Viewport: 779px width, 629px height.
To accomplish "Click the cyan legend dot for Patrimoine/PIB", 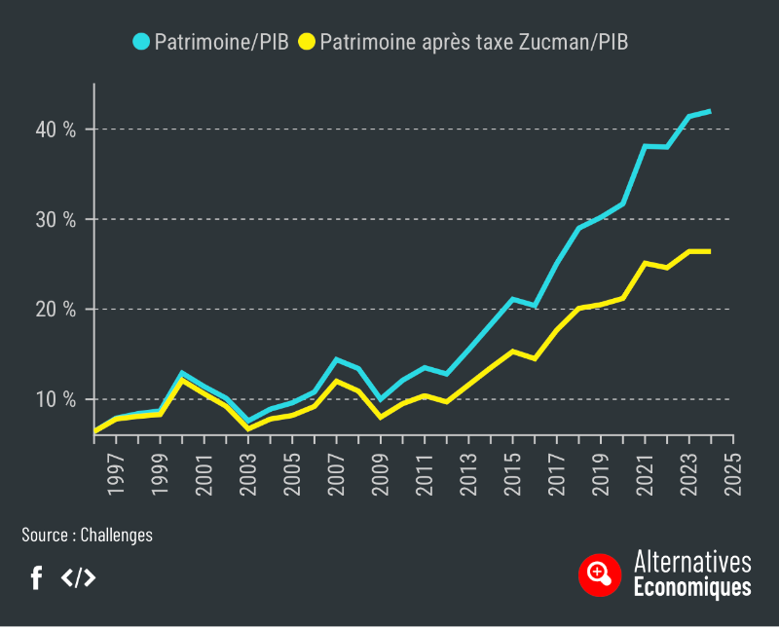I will click(x=141, y=41).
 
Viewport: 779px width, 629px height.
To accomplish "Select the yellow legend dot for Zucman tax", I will click(x=308, y=41).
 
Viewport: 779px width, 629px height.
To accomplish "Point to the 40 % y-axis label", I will click(x=57, y=129).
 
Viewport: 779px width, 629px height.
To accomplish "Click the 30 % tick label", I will click(x=57, y=219).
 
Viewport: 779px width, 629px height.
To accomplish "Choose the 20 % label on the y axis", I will click(x=57, y=310).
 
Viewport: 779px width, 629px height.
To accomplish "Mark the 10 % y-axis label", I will click(x=57, y=399).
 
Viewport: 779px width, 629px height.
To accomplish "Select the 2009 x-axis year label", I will click(x=382, y=472).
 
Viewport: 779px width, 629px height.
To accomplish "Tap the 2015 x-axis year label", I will click(x=513, y=472).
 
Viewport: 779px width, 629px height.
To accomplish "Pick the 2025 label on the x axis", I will click(x=732, y=472).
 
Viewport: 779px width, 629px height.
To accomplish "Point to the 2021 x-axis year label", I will click(x=645, y=472).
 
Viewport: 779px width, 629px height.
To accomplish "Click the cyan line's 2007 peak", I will click(x=337, y=359).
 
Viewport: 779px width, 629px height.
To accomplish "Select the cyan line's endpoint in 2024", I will click(x=710, y=111).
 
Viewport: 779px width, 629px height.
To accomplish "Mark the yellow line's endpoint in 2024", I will click(x=710, y=251).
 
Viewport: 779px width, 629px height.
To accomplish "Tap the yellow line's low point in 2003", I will click(x=248, y=428).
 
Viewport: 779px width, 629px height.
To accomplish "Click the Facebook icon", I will click(x=36, y=577).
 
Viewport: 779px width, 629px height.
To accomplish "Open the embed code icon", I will click(x=79, y=577).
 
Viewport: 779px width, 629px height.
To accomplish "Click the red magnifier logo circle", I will click(x=599, y=574).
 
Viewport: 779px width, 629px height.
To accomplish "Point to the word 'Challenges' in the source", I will click(x=116, y=535).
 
